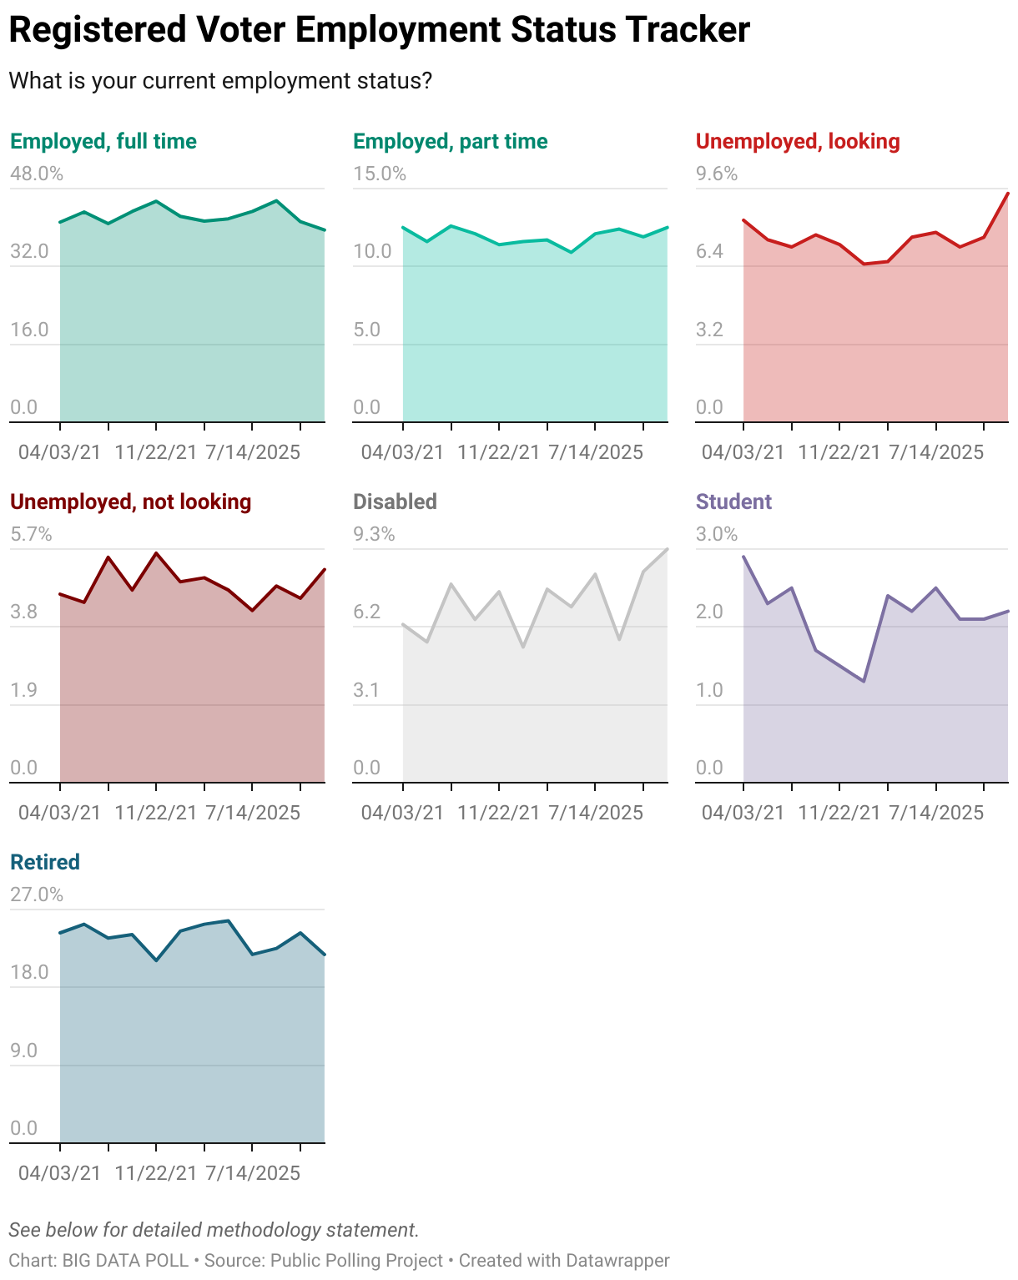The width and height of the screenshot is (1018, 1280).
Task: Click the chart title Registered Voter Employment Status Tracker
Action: (x=379, y=30)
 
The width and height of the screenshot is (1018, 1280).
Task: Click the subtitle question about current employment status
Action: (x=220, y=81)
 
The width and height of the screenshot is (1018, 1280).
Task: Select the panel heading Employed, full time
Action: (x=103, y=141)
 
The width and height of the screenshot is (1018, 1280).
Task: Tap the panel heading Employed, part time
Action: (x=451, y=141)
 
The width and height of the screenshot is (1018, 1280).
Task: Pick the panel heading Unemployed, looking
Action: (x=798, y=141)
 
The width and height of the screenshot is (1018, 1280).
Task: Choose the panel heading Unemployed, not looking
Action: (x=131, y=501)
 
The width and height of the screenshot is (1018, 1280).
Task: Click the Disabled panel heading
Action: (x=395, y=501)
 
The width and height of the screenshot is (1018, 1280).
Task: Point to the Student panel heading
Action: (x=733, y=501)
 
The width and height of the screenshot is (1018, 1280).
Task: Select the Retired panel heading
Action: (x=45, y=862)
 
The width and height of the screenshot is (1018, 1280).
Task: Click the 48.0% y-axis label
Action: (x=37, y=174)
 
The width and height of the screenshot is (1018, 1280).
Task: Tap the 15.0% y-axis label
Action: (x=380, y=174)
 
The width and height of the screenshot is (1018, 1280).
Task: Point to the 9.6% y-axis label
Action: (x=717, y=174)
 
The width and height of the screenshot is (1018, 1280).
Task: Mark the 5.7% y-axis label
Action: (x=31, y=534)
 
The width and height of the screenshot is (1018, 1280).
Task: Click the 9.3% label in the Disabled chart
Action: (x=374, y=534)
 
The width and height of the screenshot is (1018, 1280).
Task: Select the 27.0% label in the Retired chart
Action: (x=37, y=894)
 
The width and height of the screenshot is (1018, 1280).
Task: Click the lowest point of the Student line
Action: (x=864, y=682)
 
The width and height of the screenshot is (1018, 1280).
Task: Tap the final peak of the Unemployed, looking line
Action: (x=1008, y=194)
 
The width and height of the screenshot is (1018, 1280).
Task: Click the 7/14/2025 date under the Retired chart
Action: (x=253, y=1172)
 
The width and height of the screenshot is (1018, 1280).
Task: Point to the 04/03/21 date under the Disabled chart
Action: (x=403, y=812)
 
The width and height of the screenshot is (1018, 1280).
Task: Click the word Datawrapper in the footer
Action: (x=617, y=1260)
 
